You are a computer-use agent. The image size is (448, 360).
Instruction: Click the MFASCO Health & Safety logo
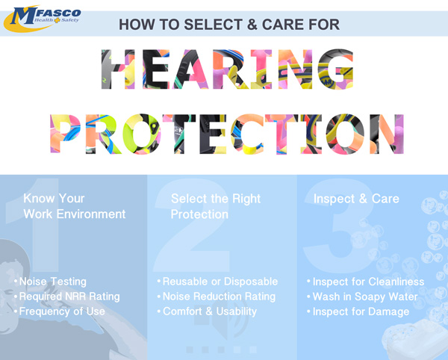click(x=42, y=19)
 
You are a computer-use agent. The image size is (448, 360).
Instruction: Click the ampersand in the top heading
click(x=252, y=25)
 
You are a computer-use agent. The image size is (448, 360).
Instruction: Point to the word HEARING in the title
click(x=228, y=69)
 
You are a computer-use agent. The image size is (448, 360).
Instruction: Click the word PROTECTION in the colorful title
click(x=227, y=134)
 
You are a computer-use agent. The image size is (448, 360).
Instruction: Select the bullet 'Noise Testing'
click(x=50, y=282)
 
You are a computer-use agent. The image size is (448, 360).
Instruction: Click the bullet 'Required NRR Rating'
click(x=67, y=297)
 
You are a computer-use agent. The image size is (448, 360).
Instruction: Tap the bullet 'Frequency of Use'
click(x=60, y=311)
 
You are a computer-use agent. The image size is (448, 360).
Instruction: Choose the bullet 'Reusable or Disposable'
click(x=218, y=282)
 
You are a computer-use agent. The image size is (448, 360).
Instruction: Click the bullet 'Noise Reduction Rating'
click(x=217, y=297)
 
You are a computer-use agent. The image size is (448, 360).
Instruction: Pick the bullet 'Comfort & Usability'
click(x=207, y=311)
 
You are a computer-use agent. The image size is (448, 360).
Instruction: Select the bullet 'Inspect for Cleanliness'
click(x=365, y=282)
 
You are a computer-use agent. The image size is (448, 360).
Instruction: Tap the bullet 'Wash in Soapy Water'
click(x=362, y=297)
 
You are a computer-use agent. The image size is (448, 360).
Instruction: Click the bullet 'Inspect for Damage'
click(x=358, y=311)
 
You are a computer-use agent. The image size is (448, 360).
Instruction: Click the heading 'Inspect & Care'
click(x=356, y=199)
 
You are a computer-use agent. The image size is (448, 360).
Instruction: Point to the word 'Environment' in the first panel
click(x=91, y=214)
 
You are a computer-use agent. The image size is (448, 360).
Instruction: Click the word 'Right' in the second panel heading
click(x=246, y=199)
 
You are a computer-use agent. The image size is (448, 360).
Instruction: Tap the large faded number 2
click(x=191, y=226)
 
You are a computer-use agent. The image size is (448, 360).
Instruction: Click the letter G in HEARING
click(x=335, y=69)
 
